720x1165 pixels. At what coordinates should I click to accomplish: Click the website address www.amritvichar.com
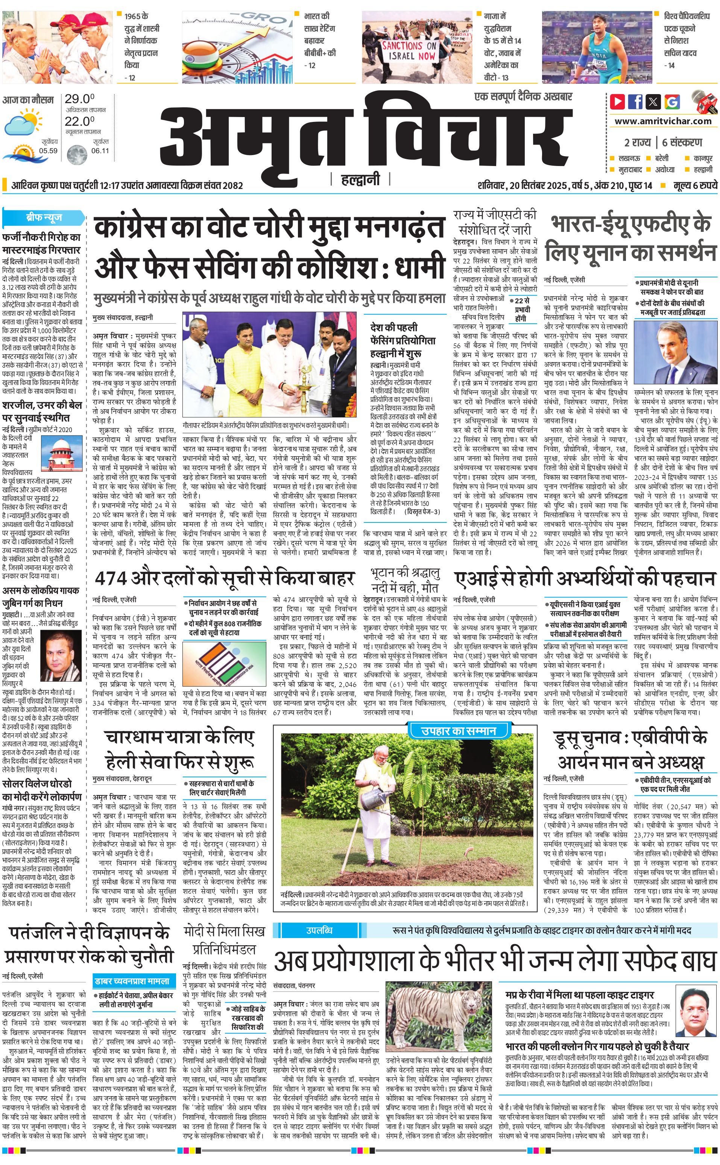[663, 121]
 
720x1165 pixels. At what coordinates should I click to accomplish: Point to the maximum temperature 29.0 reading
[79, 99]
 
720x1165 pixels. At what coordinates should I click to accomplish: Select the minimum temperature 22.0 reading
[79, 121]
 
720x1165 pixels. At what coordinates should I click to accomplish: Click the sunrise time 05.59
[48, 151]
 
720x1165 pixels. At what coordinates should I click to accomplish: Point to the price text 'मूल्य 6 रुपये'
[695, 185]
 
